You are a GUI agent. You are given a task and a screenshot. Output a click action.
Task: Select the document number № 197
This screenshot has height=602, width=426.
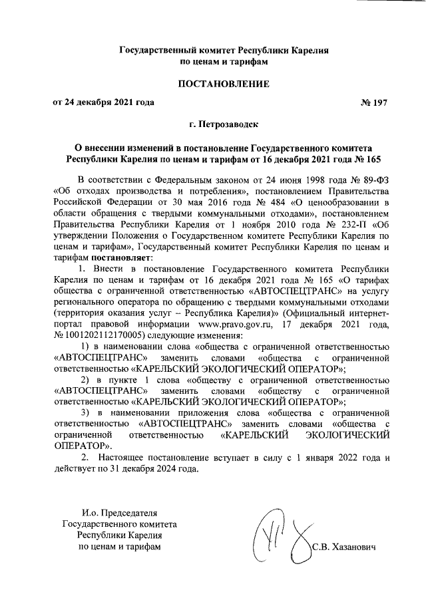pyautogui.click(x=373, y=103)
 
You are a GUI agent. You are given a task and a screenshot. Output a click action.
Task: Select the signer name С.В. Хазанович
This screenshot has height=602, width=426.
pyautogui.click(x=343, y=547)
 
